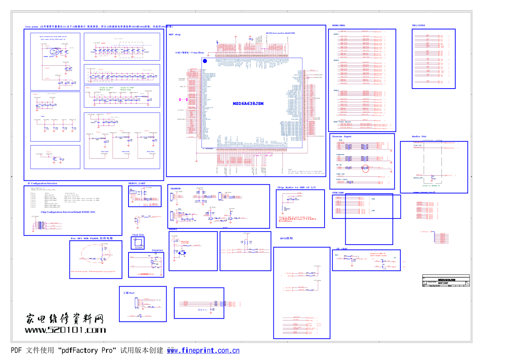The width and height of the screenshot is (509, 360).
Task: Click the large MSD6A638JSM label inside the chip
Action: (248, 103)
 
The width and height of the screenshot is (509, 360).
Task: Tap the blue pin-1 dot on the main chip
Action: (205, 61)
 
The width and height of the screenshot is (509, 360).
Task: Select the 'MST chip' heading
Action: (175, 34)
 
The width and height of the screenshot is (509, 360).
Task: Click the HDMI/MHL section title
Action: (339, 25)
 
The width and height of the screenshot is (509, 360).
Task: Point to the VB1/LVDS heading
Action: (418, 25)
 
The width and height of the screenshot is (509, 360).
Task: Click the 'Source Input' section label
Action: (342, 136)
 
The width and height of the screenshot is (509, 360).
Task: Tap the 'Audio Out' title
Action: (419, 136)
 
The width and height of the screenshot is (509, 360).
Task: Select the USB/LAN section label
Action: (338, 193)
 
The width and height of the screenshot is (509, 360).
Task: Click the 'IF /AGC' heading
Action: (342, 249)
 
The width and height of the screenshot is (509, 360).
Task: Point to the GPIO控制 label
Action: (286, 238)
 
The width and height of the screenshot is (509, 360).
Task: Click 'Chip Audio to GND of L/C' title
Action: (297, 188)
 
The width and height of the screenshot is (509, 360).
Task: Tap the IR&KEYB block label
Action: (175, 189)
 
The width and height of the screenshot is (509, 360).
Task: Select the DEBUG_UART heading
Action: (137, 183)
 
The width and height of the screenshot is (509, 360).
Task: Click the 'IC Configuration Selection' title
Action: (42, 183)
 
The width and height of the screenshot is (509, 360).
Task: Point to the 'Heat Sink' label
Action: (138, 235)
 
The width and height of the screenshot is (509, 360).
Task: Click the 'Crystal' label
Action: (157, 250)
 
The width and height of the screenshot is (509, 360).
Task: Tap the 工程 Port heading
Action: (129, 293)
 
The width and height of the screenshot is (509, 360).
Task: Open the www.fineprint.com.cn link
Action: (203, 351)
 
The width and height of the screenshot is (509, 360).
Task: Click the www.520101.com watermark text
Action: (65, 330)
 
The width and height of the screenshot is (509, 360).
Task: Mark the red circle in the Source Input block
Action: (366, 168)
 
